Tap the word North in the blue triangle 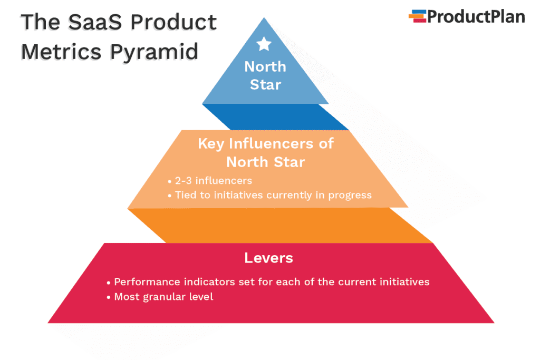point(265,67)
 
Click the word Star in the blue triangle point(265,84)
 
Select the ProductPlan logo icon point(417,16)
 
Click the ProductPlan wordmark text point(476,17)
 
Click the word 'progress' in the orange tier point(350,195)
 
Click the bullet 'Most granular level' point(163,297)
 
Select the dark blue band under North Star point(274,116)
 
